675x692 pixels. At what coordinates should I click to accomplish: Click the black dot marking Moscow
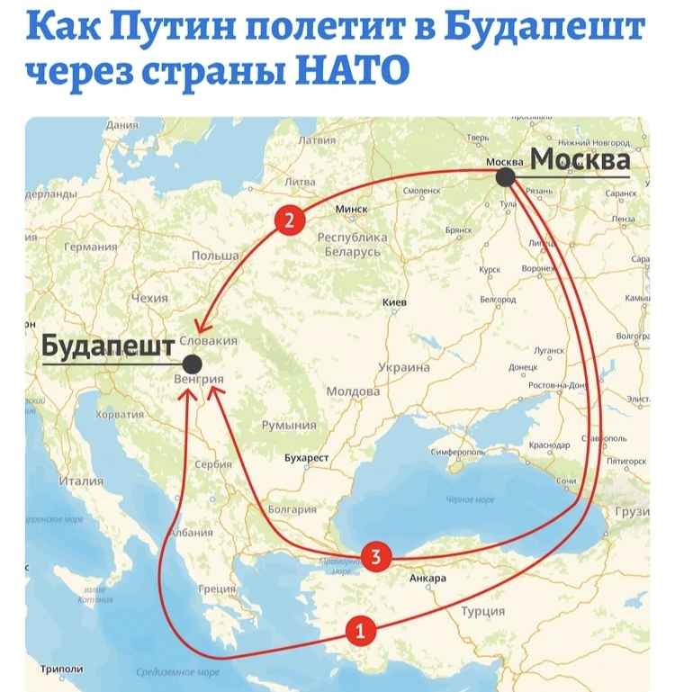coord(506,178)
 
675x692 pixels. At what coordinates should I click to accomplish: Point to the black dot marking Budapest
coord(192,364)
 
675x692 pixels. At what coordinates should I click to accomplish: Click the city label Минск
coord(352,209)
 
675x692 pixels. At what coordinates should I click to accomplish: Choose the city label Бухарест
coord(307,458)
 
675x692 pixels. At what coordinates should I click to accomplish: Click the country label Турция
coord(482,613)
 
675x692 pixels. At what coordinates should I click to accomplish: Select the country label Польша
coord(215,256)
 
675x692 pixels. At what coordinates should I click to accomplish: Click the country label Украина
coord(403,367)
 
